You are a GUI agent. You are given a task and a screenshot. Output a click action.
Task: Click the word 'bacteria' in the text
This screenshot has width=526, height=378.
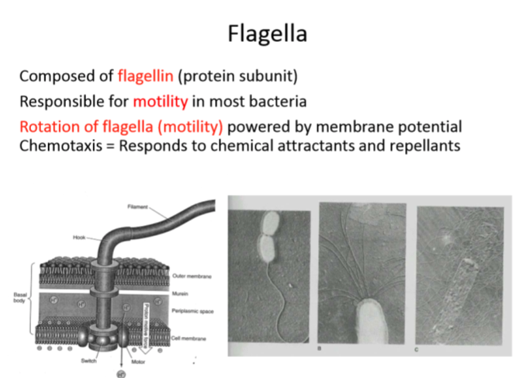coord(275,101)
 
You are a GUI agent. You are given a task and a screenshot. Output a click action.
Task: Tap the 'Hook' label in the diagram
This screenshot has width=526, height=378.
coord(80,238)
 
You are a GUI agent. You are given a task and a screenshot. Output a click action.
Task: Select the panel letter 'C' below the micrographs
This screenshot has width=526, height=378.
coord(419,351)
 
